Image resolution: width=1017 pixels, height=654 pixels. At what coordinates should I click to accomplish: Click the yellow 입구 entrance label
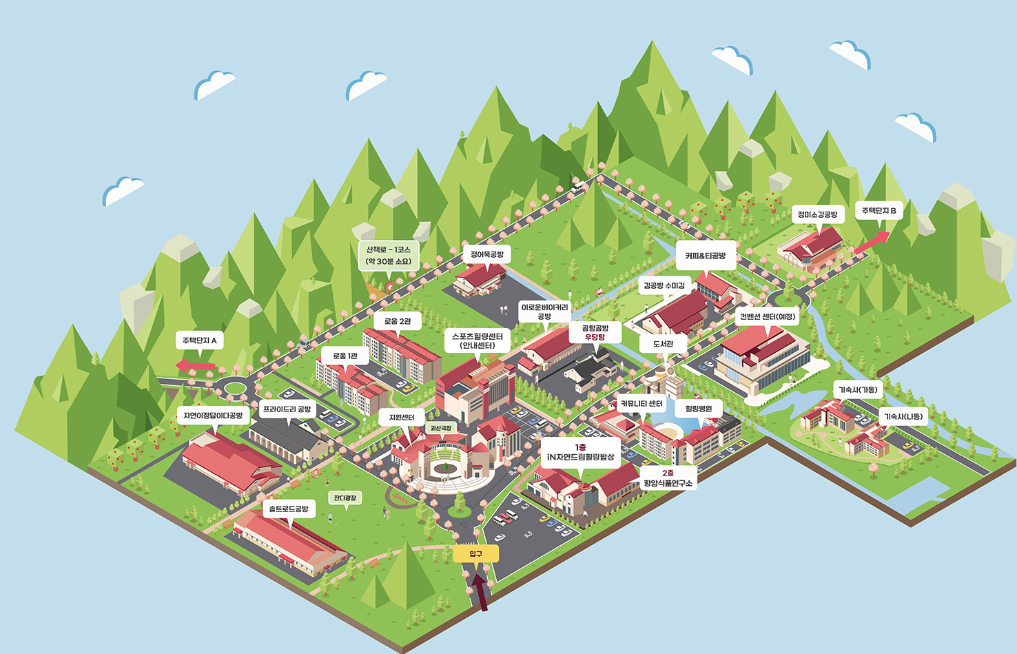476,553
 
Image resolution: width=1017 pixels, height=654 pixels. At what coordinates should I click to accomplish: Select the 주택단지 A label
199,340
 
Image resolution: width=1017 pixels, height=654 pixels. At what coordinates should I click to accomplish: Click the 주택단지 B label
879,210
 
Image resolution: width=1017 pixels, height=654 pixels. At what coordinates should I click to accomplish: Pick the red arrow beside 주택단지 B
872,241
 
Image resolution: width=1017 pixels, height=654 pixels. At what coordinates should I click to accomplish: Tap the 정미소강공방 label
817,214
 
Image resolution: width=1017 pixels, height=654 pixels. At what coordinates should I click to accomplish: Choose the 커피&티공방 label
705,256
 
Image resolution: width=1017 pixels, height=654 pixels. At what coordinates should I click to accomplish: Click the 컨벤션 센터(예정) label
768,316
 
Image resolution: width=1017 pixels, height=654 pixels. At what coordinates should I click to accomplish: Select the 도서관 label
663,343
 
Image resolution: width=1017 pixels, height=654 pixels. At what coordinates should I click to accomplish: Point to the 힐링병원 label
699,409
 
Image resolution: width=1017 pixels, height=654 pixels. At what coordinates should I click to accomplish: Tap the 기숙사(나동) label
903,416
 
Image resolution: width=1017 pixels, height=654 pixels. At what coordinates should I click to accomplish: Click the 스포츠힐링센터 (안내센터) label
477,340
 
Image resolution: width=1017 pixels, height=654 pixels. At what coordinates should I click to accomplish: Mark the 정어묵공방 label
487,254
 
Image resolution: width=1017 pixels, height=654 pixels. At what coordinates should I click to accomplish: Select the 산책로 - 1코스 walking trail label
389,256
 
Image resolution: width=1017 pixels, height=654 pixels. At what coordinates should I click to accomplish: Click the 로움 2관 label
398,321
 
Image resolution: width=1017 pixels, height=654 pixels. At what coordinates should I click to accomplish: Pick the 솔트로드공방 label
289,509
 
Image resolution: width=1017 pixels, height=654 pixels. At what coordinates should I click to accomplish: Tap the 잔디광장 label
345,498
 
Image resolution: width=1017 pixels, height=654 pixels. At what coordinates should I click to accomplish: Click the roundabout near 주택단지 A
234,389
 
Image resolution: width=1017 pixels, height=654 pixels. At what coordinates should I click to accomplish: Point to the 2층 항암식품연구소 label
668,478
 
